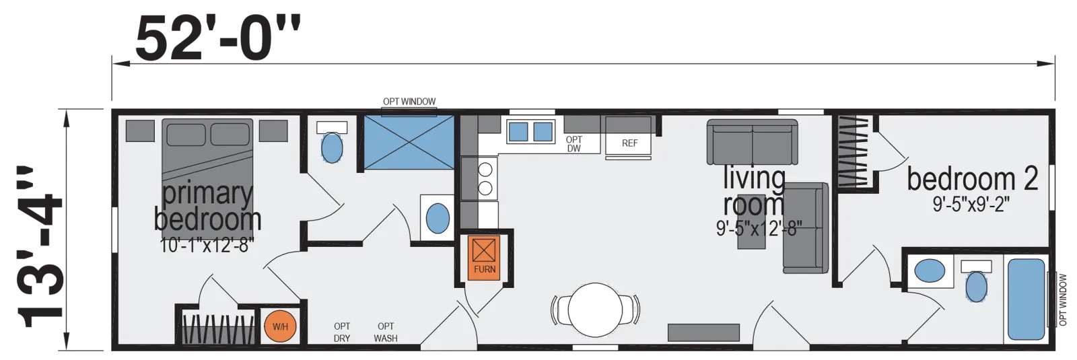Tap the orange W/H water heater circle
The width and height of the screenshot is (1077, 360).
(x=280, y=327)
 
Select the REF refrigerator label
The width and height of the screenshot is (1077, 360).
(x=629, y=143)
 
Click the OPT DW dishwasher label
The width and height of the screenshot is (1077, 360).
(x=574, y=144)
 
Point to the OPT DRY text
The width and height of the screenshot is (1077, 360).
(x=342, y=332)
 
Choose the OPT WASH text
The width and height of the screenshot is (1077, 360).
(x=386, y=332)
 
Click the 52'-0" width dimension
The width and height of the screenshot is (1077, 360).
(x=217, y=38)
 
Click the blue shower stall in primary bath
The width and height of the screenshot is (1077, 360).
(x=409, y=142)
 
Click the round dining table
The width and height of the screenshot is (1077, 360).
(x=595, y=310)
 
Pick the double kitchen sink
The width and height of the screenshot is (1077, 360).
(x=530, y=131)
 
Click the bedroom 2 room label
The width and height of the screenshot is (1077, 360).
(x=972, y=179)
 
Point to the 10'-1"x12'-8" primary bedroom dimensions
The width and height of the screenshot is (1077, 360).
(x=207, y=246)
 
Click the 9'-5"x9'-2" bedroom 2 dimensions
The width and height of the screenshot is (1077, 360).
(x=971, y=205)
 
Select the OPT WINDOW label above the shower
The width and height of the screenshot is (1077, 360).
(x=409, y=102)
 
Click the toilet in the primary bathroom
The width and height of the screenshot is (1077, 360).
(x=332, y=142)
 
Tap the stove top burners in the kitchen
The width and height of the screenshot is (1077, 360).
(x=485, y=178)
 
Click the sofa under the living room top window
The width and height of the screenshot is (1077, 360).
(x=751, y=142)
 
